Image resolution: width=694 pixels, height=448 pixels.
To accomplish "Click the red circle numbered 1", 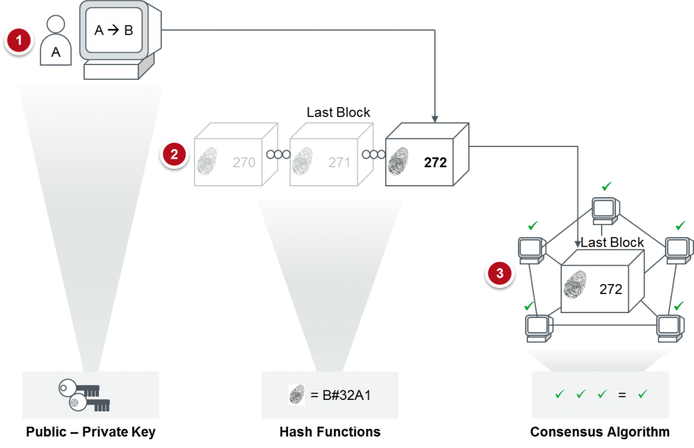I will [x=19, y=41].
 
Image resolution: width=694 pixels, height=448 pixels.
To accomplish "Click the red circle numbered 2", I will [x=174, y=155].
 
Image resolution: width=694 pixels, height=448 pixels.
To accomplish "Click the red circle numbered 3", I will [x=500, y=273].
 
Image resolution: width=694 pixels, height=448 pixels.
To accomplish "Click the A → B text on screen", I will [x=113, y=30].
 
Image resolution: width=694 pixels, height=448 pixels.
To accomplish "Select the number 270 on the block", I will [x=244, y=163].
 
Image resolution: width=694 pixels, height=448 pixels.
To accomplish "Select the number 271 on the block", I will [x=339, y=163].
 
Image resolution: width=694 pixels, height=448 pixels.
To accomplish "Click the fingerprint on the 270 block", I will [x=206, y=162].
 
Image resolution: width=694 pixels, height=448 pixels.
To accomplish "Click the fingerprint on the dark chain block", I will [x=398, y=162].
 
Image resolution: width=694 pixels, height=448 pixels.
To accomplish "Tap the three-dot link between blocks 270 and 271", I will [x=278, y=155].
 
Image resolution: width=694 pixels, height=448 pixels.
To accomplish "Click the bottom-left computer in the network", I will [x=537, y=328].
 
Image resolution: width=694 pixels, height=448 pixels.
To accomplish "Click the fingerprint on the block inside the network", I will [x=573, y=286].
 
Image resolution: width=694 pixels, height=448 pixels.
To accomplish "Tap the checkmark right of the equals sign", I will [x=642, y=394].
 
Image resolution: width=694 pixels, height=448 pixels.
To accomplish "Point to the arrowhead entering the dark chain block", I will [x=434, y=118].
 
